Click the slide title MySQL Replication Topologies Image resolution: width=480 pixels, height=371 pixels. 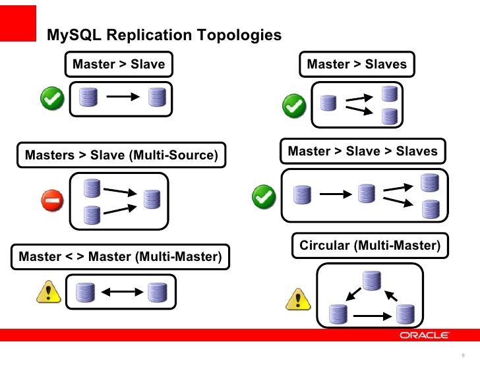click(x=164, y=35)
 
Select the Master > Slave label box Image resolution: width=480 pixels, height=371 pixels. click(x=119, y=65)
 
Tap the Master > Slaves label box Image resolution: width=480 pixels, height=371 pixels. click(x=357, y=65)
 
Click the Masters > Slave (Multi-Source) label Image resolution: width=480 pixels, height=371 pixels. click(x=121, y=156)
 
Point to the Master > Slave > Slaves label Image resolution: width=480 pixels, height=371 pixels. click(x=363, y=152)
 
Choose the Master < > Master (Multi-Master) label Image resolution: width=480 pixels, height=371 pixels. click(x=121, y=256)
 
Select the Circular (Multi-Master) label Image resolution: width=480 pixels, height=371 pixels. click(x=369, y=246)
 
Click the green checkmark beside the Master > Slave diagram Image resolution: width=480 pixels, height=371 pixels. click(x=52, y=100)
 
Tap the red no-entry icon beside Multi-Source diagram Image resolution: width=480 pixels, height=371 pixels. click(x=52, y=201)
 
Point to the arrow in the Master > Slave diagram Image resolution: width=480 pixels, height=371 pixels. click(x=122, y=98)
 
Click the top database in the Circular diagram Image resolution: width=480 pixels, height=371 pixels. click(x=371, y=280)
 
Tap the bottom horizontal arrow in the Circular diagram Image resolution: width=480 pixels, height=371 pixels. click(x=371, y=316)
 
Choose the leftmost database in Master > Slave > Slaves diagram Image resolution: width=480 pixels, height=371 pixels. click(x=303, y=194)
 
